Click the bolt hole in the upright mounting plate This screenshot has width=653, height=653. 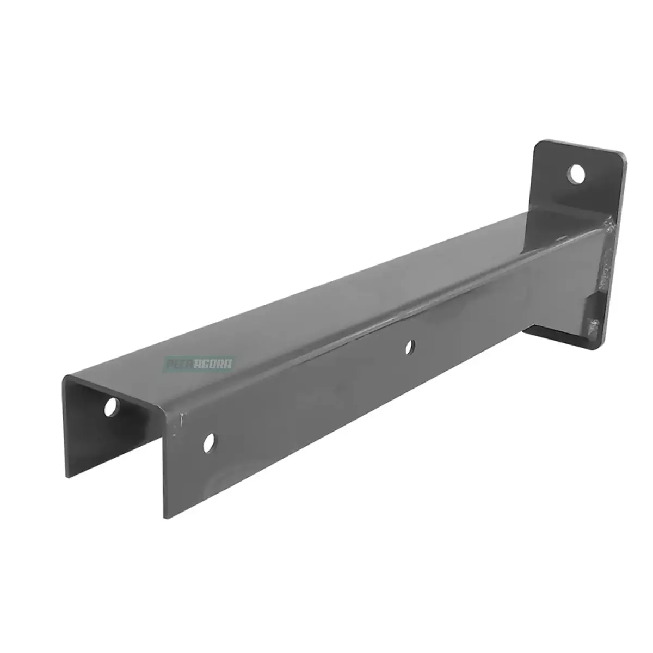pyautogui.click(x=576, y=175)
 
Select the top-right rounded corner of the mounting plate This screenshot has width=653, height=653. pyautogui.click(x=623, y=157)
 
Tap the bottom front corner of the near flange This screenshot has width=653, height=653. pyautogui.click(x=163, y=515)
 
